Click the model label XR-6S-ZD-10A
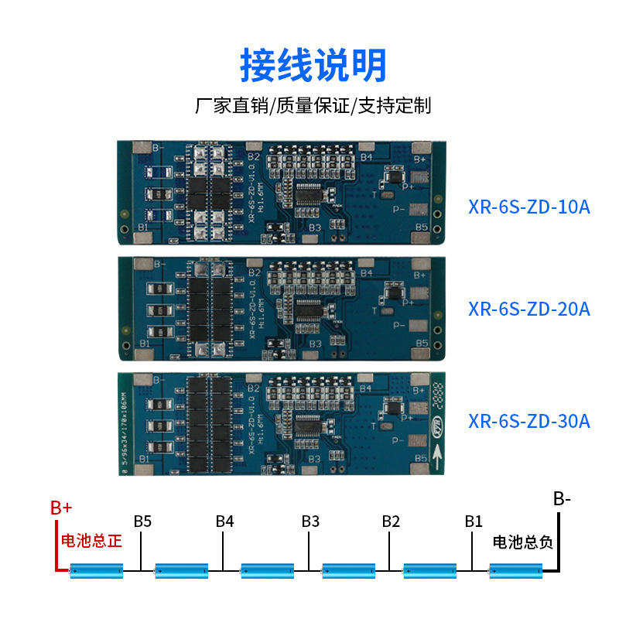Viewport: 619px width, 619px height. (x=529, y=207)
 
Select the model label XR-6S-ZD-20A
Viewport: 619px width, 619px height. (x=529, y=309)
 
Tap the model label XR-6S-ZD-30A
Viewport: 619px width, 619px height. (x=529, y=421)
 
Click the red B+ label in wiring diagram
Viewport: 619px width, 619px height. (x=61, y=508)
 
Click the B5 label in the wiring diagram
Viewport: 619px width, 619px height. (x=142, y=521)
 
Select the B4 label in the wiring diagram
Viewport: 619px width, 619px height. (x=224, y=521)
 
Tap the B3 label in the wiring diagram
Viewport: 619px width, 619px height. (x=309, y=521)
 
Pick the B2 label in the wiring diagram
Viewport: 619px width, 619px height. (x=391, y=521)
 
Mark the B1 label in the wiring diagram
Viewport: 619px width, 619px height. (x=473, y=521)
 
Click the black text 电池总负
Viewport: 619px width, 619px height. (x=523, y=542)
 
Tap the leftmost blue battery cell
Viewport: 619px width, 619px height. (x=97, y=571)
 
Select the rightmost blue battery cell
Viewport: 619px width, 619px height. (x=516, y=571)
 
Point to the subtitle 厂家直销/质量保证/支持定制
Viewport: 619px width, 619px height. (x=313, y=105)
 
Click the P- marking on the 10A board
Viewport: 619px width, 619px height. (x=400, y=208)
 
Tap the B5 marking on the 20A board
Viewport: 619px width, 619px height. (x=422, y=342)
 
